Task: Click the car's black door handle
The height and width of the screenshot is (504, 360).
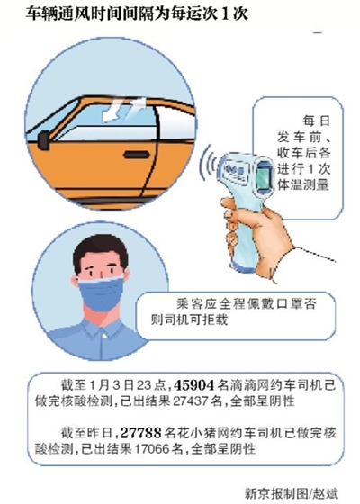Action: [x=137, y=155]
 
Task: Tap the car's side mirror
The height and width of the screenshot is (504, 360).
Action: [x=44, y=140]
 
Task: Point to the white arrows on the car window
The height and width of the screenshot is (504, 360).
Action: [x=124, y=110]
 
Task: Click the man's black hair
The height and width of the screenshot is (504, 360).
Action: [x=100, y=252]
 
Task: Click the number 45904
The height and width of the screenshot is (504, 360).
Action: [x=193, y=385]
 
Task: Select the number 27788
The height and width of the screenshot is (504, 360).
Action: [x=140, y=433]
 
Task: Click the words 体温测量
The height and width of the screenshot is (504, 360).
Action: [x=302, y=184]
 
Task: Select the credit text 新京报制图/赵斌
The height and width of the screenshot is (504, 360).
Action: [x=292, y=493]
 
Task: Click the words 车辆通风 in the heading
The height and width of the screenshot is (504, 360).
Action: [x=52, y=13]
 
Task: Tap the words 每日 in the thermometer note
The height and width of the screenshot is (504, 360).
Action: [x=316, y=121]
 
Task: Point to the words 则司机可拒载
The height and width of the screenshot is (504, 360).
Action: [x=189, y=319]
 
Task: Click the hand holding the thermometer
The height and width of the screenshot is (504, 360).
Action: [x=257, y=231]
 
